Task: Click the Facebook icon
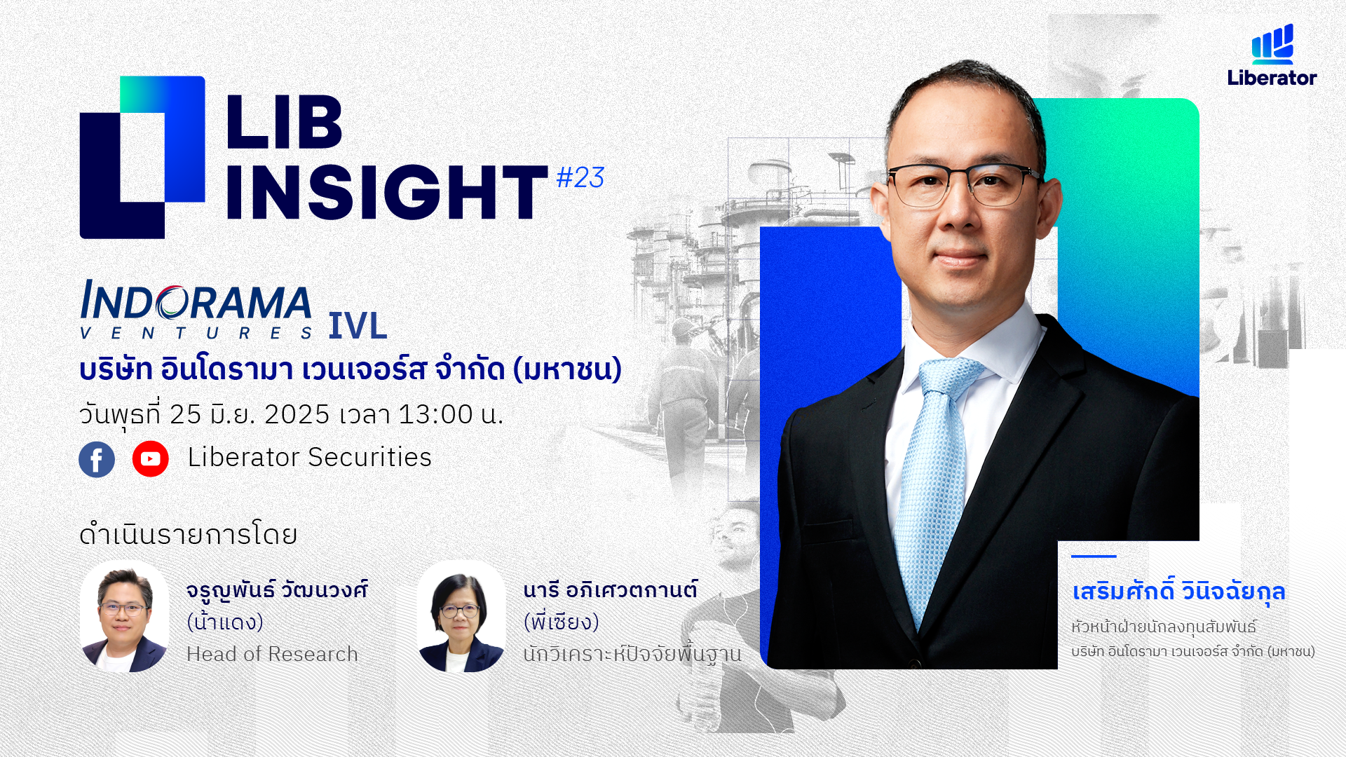click(97, 460)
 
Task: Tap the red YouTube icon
click(150, 459)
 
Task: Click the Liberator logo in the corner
click(1272, 55)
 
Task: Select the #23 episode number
click(580, 178)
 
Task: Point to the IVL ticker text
click(358, 326)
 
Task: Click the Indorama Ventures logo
click(196, 310)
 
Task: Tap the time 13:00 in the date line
click(435, 414)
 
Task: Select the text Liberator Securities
click(309, 457)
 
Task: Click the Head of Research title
click(272, 654)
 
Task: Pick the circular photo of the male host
click(125, 617)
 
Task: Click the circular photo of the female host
click(461, 617)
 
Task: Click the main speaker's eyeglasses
click(963, 185)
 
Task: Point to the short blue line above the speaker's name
click(1094, 557)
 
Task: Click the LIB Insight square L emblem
click(142, 157)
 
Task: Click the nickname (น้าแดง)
click(225, 622)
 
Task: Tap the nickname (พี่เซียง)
click(562, 622)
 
